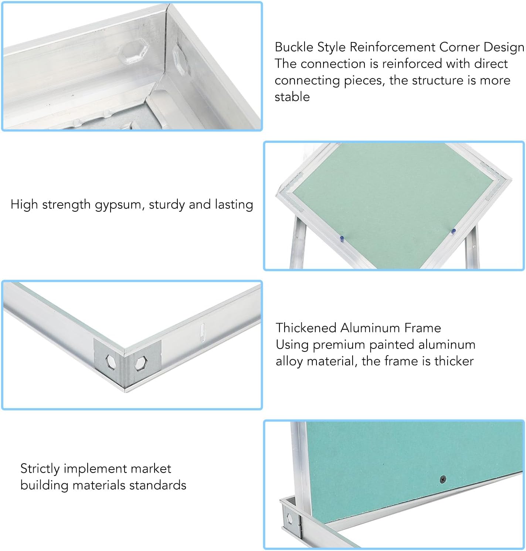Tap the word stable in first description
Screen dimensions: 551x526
(x=292, y=97)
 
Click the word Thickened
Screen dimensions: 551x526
(x=306, y=328)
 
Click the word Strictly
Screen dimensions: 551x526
(x=40, y=469)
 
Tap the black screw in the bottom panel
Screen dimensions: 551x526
(x=442, y=480)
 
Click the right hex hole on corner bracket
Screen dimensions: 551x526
(x=140, y=363)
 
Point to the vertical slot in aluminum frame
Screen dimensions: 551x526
(x=202, y=331)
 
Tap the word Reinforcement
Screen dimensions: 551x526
(x=392, y=47)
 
